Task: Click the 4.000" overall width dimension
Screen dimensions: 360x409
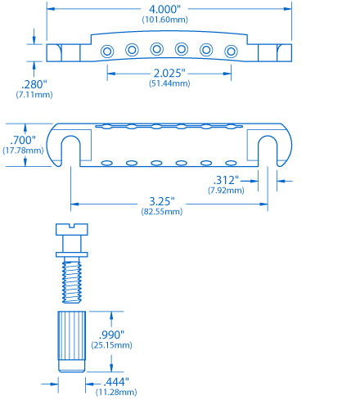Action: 164,9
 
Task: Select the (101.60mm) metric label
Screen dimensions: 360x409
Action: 165,20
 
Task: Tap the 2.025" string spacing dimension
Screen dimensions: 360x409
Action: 169,73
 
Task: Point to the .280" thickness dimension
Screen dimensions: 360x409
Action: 34,84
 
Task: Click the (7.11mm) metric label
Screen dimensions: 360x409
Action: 34,95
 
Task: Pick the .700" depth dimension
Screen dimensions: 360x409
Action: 23,140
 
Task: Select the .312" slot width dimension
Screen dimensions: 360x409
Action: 226,180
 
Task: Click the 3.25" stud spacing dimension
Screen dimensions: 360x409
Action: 162,201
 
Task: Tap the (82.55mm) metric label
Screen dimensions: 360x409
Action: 162,212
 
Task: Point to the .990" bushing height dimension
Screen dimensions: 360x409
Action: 111,335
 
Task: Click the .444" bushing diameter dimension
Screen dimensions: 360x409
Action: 116,382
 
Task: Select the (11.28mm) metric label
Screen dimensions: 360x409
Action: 116,392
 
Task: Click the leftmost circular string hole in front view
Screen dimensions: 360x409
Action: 107,52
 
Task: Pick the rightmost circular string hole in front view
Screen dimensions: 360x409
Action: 231,52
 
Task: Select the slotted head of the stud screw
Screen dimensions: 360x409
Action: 72,229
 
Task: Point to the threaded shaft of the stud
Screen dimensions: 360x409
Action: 72,281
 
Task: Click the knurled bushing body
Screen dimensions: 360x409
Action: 72,341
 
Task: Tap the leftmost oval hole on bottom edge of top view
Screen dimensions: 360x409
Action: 107,163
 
